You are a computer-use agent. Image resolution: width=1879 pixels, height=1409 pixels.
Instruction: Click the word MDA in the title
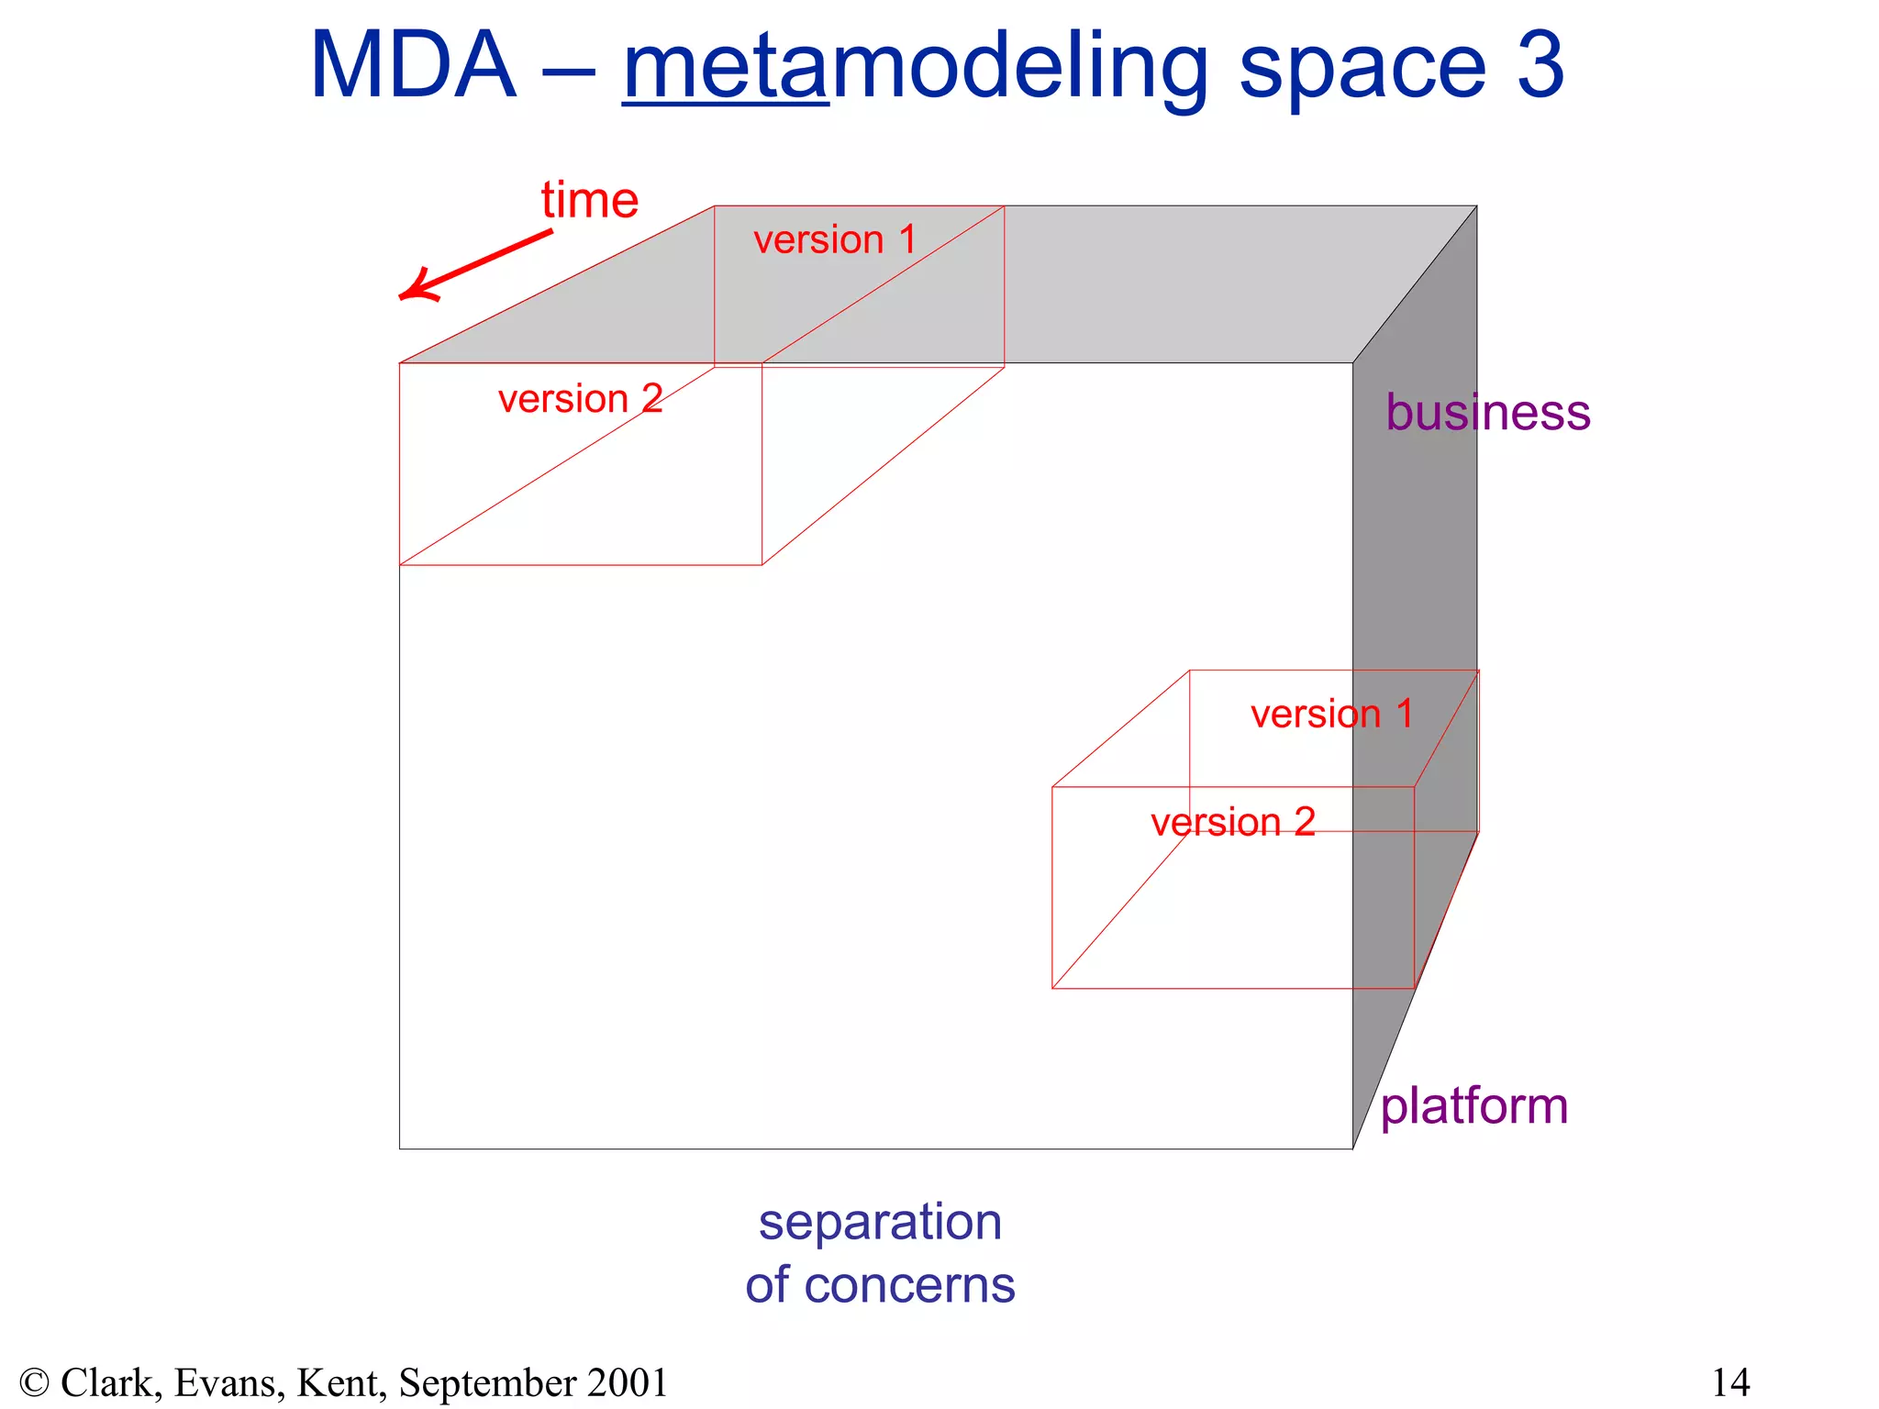413,66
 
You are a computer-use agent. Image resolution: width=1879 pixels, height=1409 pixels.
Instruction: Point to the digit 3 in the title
1540,66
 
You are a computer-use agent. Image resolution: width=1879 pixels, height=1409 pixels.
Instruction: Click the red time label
589,200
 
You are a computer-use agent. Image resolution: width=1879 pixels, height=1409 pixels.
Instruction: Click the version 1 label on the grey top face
834,240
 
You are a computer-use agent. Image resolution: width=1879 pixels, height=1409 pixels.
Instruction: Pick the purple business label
1487,412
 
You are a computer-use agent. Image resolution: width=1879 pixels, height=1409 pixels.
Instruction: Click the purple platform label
1473,1106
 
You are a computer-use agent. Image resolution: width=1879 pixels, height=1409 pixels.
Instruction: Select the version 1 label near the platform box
1331,715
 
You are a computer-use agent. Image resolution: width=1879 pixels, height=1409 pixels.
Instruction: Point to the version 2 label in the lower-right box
1232,822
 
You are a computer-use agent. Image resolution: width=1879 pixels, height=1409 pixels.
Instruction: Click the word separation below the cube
880,1222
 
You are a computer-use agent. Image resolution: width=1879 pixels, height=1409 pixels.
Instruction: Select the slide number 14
1730,1382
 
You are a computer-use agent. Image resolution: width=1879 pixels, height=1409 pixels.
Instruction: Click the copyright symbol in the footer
34,1382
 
